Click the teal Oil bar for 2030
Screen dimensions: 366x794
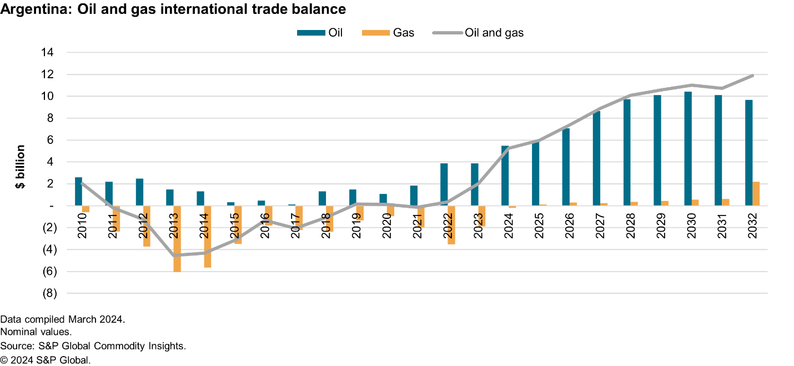(x=688, y=149)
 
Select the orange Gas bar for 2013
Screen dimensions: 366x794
(x=177, y=238)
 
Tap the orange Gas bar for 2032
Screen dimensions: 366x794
(x=756, y=194)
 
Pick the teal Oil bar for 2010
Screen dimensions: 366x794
(x=79, y=192)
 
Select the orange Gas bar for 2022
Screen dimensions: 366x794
(x=451, y=225)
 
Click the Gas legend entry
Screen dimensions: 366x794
(x=388, y=33)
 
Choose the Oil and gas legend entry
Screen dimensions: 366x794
(x=477, y=33)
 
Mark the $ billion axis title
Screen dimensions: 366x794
(x=21, y=167)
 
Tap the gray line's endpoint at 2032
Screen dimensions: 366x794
(x=752, y=76)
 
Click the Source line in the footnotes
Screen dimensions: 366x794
(x=93, y=346)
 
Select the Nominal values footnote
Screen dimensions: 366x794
(x=36, y=332)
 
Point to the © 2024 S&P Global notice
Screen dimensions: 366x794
(x=46, y=360)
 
